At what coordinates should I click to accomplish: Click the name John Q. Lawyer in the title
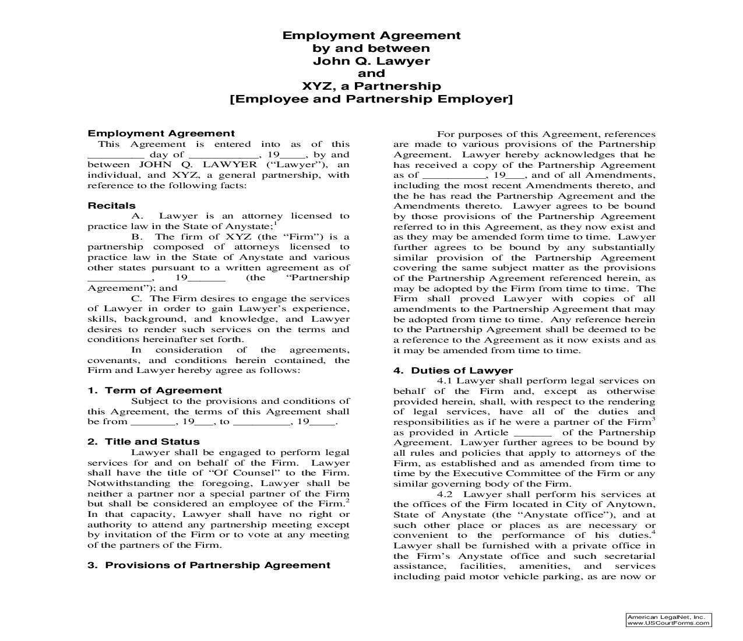coord(371,61)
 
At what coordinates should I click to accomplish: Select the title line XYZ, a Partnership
coord(371,86)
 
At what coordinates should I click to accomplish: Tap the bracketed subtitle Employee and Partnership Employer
coord(371,99)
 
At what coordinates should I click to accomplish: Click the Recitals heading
coord(111,206)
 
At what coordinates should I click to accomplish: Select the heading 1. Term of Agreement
coord(155,390)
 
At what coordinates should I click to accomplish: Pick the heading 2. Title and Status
coord(143,442)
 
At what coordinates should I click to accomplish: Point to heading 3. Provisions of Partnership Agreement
coord(209,565)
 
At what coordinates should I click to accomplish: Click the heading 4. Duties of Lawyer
coord(453,371)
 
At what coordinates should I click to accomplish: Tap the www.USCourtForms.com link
coord(668,623)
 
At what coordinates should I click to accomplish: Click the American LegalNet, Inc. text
coord(665,617)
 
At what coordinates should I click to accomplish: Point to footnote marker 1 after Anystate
coord(276,223)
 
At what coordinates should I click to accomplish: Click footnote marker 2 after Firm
coord(347,501)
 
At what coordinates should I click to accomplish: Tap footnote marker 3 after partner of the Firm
coord(653,419)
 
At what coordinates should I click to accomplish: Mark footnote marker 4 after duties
coord(653,532)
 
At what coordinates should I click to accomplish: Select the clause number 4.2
coord(444,494)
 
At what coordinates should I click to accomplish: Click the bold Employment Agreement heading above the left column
coord(161,133)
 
